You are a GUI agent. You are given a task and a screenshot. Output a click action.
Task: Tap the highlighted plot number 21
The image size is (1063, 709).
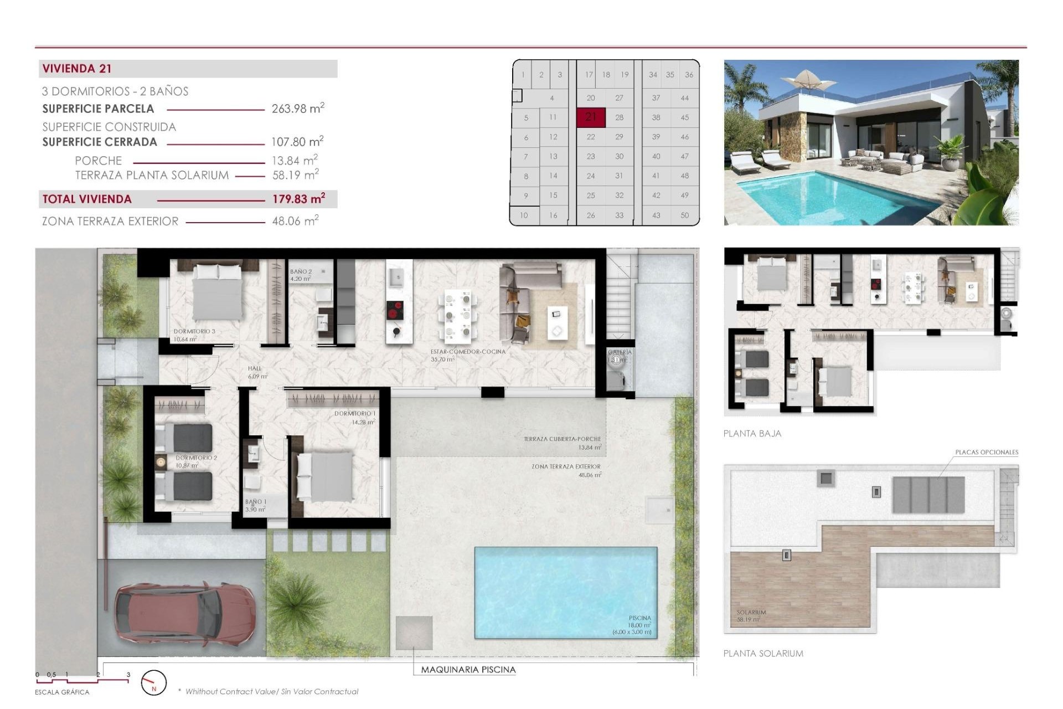[591, 117]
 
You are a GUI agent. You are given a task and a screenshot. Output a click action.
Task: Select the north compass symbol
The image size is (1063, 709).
[153, 683]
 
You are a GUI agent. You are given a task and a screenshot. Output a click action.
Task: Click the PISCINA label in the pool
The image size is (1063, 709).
[639, 618]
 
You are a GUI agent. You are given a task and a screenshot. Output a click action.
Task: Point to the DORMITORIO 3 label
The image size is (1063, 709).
[194, 331]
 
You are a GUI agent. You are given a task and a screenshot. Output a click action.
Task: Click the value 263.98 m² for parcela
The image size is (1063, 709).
[297, 109]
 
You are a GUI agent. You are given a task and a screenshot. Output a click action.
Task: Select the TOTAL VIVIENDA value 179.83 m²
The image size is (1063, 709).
[298, 199]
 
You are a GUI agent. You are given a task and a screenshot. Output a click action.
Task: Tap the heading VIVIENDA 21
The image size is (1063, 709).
[77, 69]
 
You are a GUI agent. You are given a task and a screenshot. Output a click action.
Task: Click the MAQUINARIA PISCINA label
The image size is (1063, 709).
[468, 670]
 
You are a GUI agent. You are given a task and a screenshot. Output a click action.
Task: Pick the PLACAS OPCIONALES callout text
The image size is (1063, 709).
[986, 452]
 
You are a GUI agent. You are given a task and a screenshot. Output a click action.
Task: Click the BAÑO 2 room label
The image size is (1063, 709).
[301, 272]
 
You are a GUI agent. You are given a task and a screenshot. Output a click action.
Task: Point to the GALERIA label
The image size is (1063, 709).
[620, 352]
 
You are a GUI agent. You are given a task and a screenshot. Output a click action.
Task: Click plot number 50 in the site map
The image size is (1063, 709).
[684, 215]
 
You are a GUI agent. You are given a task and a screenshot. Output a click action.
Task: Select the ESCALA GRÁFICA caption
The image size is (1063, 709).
[62, 692]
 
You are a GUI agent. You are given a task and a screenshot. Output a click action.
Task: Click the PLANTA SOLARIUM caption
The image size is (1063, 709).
[763, 654]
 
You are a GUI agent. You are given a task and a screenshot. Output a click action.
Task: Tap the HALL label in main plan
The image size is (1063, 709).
[254, 368]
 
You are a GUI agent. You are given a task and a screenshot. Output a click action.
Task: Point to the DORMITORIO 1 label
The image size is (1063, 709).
[354, 414]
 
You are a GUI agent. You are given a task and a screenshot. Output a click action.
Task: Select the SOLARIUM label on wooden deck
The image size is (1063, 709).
[751, 612]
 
